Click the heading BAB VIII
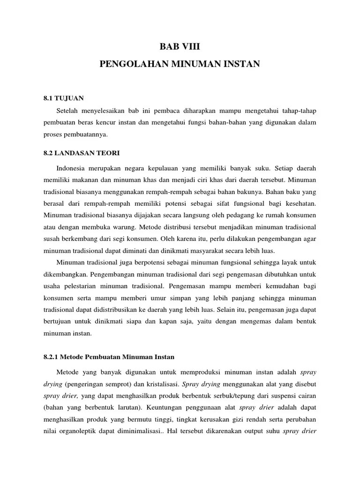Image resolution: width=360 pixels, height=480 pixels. tap(180, 47)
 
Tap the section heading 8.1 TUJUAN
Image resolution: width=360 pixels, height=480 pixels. tap(63, 98)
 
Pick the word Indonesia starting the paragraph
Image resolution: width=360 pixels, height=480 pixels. tap(73, 168)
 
